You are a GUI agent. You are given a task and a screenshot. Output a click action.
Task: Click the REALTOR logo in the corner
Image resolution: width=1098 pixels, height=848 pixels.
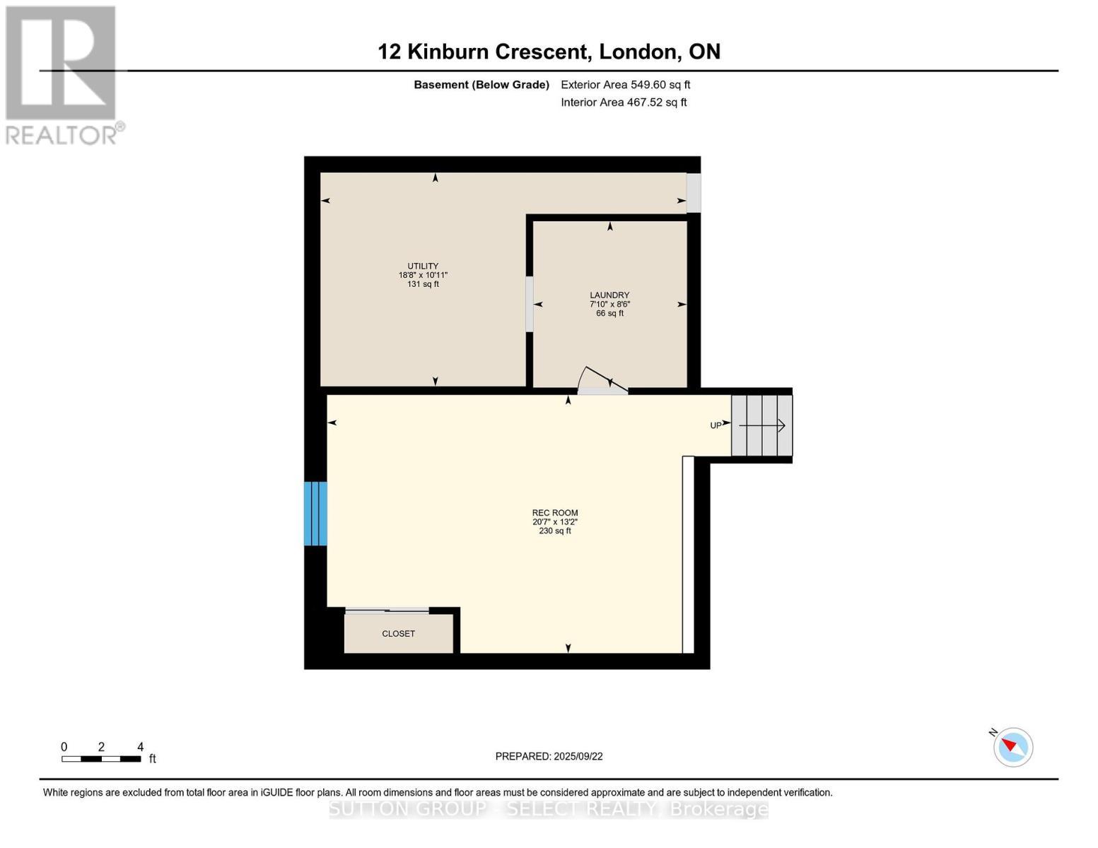click(x=64, y=76)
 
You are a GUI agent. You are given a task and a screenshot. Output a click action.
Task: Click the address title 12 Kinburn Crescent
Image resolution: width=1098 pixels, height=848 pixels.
click(x=484, y=52)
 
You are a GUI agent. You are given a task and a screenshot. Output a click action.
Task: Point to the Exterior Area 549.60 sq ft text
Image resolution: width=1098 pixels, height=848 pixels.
click(x=625, y=85)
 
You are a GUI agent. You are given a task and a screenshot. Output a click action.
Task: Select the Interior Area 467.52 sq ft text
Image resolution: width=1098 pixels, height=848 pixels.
click(x=624, y=102)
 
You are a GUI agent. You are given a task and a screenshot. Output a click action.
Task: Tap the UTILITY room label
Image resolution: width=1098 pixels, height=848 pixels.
click(x=423, y=266)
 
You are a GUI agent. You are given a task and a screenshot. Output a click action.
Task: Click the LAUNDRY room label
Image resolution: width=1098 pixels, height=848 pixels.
click(x=609, y=295)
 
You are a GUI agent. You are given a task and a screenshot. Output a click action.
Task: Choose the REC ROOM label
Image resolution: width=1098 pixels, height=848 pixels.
click(x=555, y=512)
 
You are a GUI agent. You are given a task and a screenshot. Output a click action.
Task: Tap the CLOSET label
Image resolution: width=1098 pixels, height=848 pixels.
click(x=398, y=633)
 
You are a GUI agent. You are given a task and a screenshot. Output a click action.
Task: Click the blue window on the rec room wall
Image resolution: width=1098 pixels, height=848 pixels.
click(x=315, y=514)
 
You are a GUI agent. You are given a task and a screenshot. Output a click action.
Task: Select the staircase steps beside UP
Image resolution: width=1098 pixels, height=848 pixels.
click(x=761, y=425)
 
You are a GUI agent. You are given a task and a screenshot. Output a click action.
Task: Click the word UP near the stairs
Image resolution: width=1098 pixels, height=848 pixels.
click(x=716, y=426)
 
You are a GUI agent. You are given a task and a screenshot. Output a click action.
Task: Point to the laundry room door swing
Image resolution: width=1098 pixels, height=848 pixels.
click(x=602, y=379)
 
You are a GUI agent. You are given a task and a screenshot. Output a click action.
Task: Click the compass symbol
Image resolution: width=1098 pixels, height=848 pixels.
click(x=1012, y=747)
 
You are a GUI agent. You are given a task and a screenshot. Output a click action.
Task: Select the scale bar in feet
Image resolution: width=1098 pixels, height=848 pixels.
click(x=101, y=758)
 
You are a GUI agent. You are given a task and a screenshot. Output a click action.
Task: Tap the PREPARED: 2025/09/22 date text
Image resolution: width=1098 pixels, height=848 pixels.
click(x=549, y=756)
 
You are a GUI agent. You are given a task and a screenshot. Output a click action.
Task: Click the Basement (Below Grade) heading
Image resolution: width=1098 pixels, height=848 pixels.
click(x=481, y=85)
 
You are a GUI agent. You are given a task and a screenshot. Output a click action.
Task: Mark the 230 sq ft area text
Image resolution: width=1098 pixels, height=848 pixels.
click(x=555, y=531)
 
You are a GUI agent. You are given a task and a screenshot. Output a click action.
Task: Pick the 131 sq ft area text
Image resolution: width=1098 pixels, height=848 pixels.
click(x=423, y=284)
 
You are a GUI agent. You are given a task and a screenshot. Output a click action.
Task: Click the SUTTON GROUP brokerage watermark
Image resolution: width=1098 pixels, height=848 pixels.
click(x=549, y=809)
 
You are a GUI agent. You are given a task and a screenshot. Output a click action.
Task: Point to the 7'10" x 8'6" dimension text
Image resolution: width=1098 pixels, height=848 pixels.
click(x=609, y=304)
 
